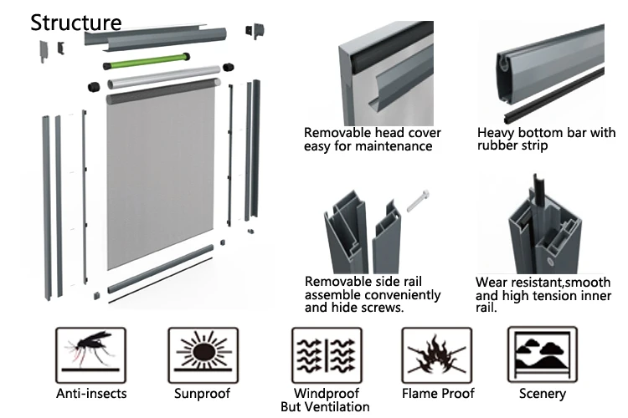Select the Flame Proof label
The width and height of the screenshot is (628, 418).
pos(438,393)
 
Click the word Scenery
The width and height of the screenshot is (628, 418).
pos(543,393)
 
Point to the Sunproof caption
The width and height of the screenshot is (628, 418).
pos(199,393)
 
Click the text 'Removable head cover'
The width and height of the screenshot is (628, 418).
pos(372,133)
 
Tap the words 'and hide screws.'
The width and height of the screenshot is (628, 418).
pos(354,308)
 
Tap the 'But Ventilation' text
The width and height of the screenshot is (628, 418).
pos(326,407)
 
